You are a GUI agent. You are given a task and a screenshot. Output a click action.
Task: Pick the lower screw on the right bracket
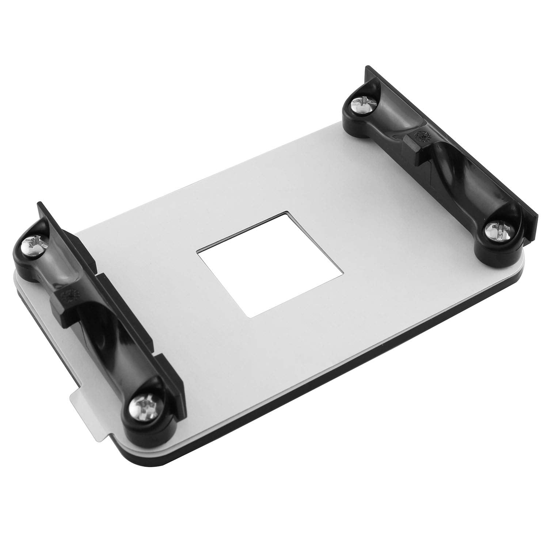498,232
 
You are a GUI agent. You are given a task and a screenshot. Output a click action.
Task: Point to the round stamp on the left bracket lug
68,294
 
